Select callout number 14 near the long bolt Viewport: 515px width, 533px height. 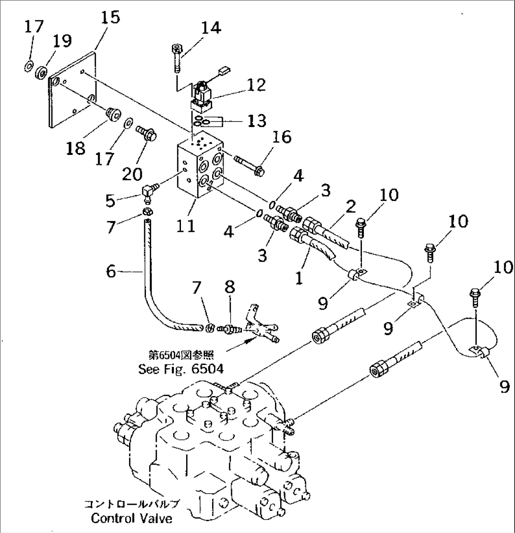(x=209, y=28)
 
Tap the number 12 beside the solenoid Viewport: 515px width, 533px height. (x=255, y=85)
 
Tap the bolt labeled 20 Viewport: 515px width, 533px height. (x=146, y=134)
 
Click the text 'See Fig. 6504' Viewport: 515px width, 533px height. (x=181, y=369)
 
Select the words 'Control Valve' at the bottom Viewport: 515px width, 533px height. (x=131, y=518)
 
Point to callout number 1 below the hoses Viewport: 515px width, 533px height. (x=298, y=278)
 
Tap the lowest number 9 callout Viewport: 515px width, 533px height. (x=504, y=387)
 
